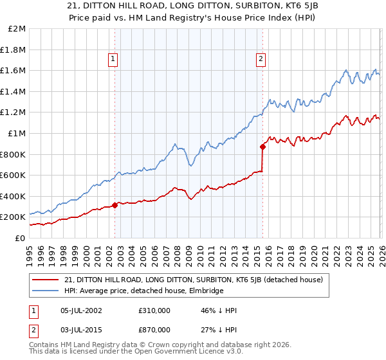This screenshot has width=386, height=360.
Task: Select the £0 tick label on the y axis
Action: (20, 238)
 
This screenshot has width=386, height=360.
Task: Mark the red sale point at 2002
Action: (115, 206)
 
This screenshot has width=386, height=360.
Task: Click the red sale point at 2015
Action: (262, 147)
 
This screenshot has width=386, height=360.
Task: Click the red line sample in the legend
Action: (46, 280)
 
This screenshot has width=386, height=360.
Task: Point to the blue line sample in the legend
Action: (46, 291)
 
